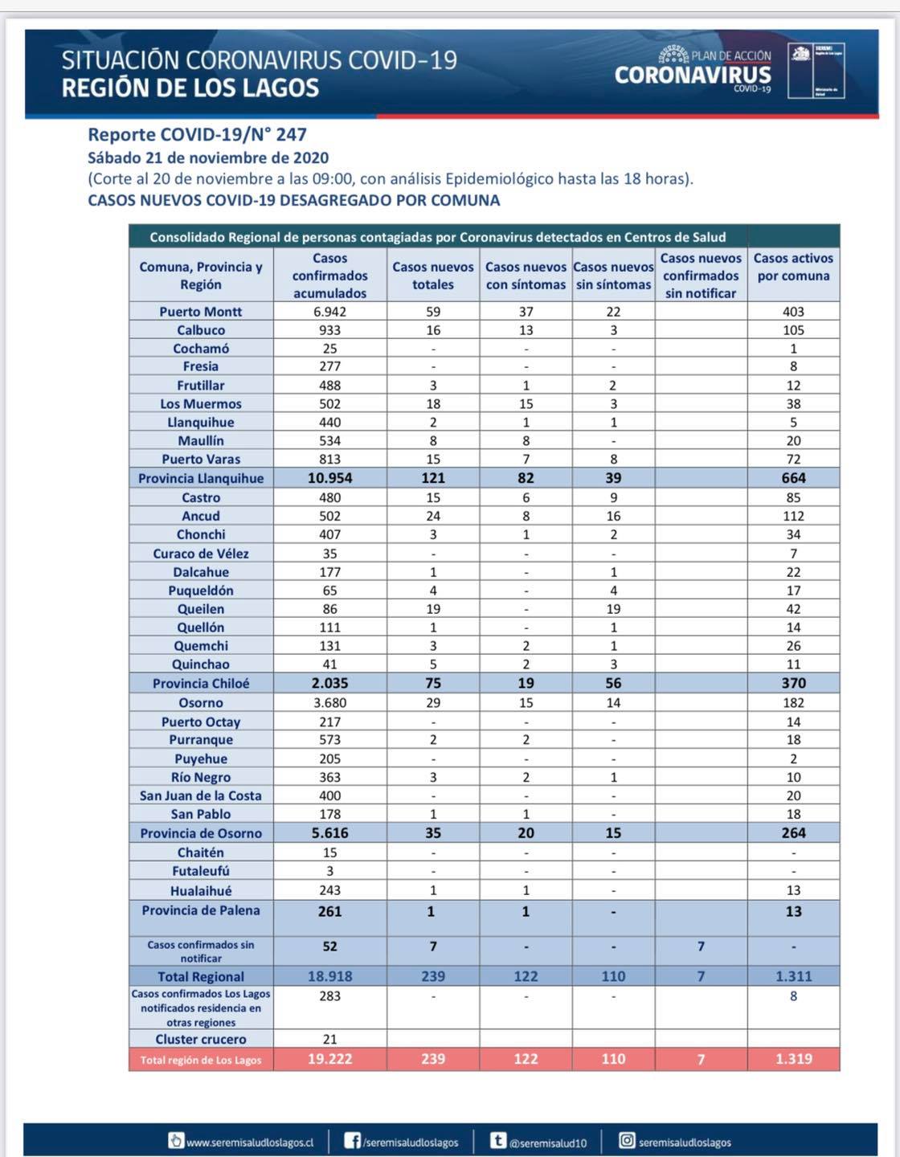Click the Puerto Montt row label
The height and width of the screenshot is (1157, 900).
coord(201,312)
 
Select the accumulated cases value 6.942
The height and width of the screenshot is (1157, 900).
coord(329,312)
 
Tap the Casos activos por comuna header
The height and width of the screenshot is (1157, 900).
coord(793,267)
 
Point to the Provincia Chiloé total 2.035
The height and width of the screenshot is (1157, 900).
coord(329,684)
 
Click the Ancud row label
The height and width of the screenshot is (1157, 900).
coord(201,517)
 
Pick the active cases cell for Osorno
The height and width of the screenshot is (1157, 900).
coord(793,703)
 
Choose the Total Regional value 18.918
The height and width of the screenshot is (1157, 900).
coord(329,977)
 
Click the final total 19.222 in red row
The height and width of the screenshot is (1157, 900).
coord(329,1059)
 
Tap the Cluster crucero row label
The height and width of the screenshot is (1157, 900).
coord(201,1040)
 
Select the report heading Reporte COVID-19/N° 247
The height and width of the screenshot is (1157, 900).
coord(197,135)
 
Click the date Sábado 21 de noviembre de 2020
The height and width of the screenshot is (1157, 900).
coord(208,158)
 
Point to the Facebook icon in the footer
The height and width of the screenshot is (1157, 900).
coord(352,1141)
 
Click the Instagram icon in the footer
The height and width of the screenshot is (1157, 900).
coord(627,1141)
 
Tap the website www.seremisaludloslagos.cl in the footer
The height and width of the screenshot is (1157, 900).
coord(249,1143)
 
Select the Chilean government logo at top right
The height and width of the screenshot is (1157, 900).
coord(815,72)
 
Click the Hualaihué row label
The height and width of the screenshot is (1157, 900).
coord(201,891)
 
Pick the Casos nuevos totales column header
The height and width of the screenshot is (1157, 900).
coord(433,276)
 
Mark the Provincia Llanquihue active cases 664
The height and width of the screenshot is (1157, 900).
coord(793,479)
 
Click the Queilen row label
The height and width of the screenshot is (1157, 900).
coord(201,609)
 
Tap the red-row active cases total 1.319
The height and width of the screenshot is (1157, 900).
coord(793,1059)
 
